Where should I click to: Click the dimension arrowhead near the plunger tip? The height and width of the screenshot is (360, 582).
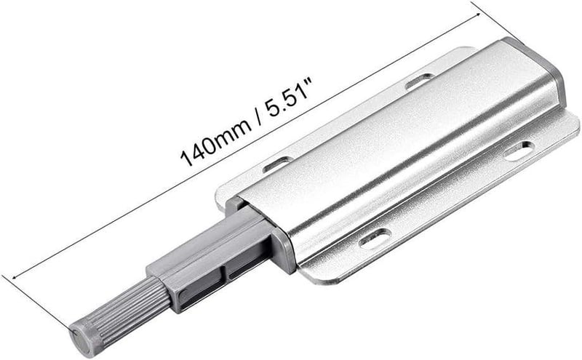coord(16,276)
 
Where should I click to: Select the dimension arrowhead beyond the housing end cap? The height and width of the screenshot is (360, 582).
coord(477,15)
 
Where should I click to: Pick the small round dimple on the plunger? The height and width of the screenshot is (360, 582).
coord(183,295)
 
